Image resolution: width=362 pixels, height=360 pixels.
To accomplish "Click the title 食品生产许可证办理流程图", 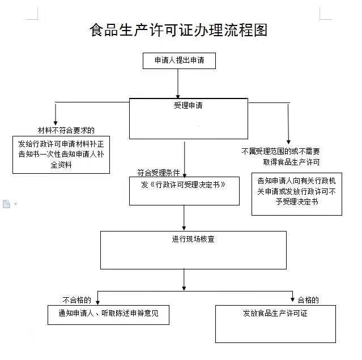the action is [178, 30].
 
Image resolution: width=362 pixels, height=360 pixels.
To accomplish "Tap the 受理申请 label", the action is [188, 105].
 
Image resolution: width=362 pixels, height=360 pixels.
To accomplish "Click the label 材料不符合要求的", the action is [66, 130].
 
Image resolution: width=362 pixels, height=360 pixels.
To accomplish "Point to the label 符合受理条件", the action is [159, 172].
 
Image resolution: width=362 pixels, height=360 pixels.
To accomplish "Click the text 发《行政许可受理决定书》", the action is [184, 185].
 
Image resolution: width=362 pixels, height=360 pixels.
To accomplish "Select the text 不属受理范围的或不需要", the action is [280, 151].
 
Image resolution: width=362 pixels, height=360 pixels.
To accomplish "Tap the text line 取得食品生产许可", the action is [291, 162].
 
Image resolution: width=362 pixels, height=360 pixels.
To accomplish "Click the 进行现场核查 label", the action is [193, 239].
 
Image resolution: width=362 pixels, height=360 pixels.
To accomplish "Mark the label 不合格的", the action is [77, 300].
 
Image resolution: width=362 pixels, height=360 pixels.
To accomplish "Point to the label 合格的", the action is [308, 300].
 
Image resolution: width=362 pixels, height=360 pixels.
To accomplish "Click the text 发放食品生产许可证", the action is [275, 313].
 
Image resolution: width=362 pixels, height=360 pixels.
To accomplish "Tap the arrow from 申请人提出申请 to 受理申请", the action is [178, 84].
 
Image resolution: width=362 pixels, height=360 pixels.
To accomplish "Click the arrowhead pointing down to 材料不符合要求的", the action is [56, 122].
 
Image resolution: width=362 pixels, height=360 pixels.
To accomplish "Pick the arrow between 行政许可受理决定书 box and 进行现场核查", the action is [184, 218].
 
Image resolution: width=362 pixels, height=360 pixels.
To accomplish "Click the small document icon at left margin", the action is [6, 204].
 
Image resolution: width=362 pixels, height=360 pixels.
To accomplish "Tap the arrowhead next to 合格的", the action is [292, 299].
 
